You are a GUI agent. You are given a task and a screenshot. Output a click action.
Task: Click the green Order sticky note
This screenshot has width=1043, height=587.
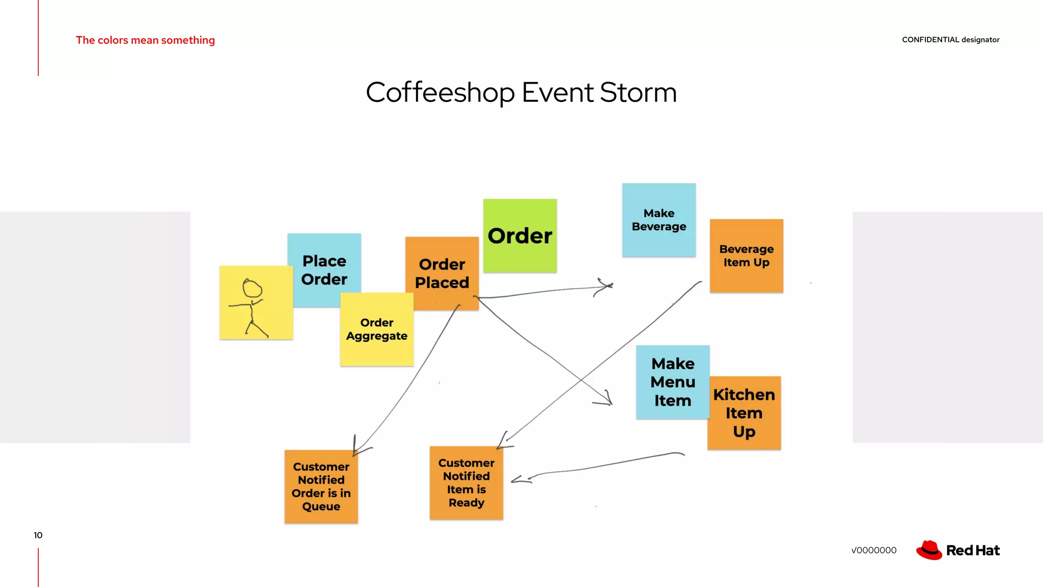pos(519,235)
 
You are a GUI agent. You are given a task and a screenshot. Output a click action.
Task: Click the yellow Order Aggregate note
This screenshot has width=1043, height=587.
pos(377,330)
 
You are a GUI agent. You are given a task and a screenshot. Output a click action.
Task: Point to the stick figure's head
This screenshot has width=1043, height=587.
pos(252,288)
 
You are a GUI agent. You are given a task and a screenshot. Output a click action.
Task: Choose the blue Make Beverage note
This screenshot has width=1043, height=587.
pos(658,220)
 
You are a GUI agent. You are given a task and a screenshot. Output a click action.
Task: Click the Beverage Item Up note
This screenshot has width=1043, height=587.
pos(746,256)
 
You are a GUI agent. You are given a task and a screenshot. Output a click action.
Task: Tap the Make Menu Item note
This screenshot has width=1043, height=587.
pos(672,382)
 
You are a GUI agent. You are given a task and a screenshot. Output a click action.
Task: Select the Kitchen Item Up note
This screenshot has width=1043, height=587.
pos(744,413)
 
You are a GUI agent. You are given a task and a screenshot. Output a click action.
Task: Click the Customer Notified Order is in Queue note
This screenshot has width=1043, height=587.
pos(321,487)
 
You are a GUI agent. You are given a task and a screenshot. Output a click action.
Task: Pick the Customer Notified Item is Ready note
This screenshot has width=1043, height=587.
pos(466,483)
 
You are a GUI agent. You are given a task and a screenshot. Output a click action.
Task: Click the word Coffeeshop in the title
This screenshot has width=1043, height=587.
pos(440,93)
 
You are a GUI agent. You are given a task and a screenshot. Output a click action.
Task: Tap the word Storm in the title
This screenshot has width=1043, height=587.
pos(638,93)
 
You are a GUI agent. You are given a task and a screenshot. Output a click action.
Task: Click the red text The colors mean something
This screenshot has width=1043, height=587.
pos(145,40)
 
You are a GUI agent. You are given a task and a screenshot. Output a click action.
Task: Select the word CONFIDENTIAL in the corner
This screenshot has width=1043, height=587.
pos(930,40)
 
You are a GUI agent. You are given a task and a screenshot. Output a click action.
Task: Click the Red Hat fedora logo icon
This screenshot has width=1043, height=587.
pos(929,550)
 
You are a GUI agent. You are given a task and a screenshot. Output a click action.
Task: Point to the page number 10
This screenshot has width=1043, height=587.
pos(38,535)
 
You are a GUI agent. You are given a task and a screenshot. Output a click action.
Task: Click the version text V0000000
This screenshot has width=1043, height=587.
pos(873,550)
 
